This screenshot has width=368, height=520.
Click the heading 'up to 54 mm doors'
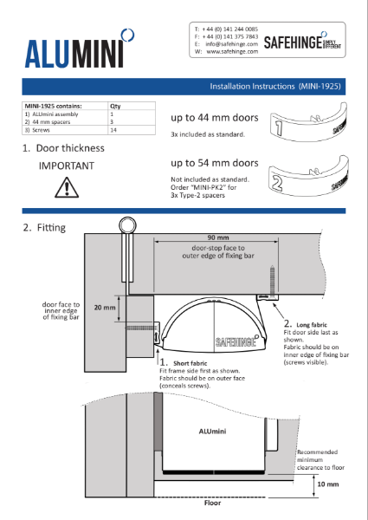[x=214, y=163]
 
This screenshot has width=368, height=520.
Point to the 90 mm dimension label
[x=217, y=237]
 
